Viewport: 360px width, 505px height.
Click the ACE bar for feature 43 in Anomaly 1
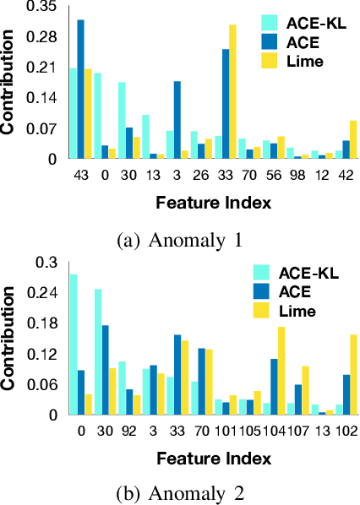[80, 89]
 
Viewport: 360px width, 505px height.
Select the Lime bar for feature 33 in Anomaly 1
[232, 91]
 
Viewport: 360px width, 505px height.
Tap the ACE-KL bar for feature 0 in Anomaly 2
[74, 344]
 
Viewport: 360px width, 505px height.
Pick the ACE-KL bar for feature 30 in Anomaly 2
[98, 351]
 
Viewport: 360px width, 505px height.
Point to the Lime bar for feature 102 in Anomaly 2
[353, 374]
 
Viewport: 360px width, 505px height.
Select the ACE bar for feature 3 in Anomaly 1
[177, 119]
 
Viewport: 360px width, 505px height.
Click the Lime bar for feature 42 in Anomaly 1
[353, 139]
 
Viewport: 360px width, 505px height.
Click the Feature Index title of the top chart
[212, 203]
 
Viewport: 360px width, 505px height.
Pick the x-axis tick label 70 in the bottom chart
[200, 432]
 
